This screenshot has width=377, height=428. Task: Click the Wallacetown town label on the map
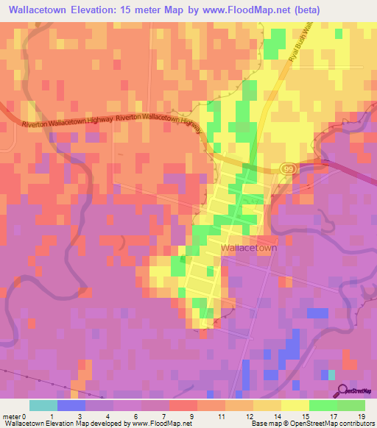[248, 249]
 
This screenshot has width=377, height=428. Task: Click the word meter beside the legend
[13, 415]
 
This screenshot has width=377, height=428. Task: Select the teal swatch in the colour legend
[43, 405]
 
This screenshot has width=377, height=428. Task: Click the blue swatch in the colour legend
[71, 405]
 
